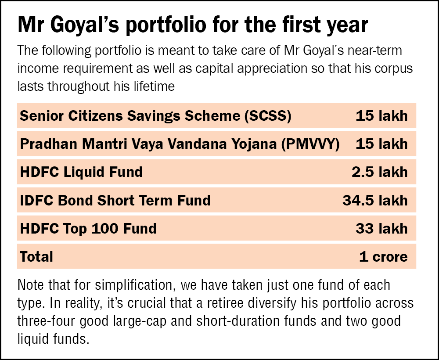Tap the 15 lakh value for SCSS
(381, 116)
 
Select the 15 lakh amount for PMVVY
(381, 144)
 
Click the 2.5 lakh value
(379, 172)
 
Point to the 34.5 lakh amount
(375, 200)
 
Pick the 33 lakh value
(381, 228)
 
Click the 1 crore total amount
(383, 256)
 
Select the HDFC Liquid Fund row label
(81, 172)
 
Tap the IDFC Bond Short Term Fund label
(115, 200)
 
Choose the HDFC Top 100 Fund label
(88, 228)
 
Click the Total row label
(36, 256)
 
